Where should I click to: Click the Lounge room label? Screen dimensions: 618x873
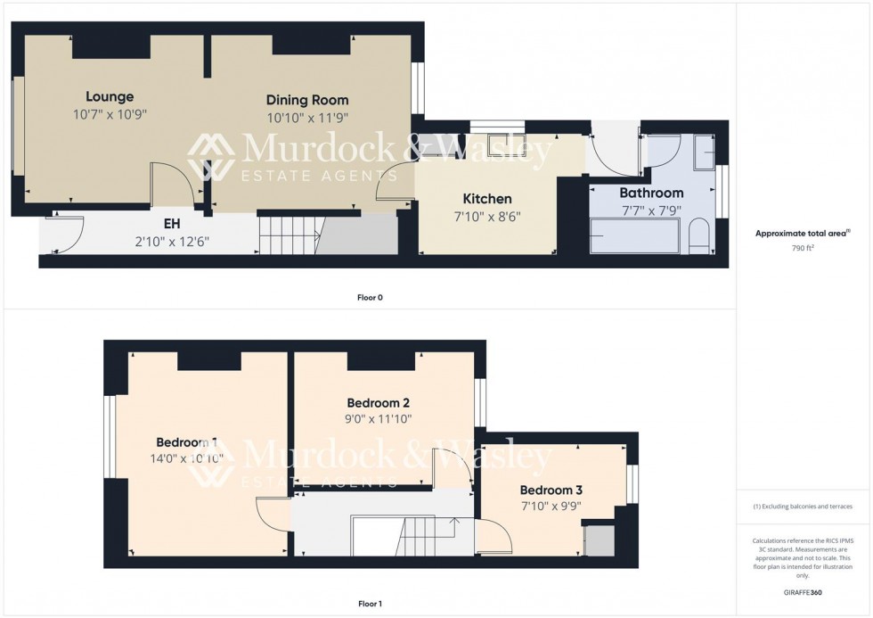point(110,96)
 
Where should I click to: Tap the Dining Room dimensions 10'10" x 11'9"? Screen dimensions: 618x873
point(307,117)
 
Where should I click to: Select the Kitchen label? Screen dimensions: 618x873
point(486,198)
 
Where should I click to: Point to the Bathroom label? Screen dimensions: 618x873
point(651,193)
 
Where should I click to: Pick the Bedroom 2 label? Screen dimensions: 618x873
point(379,402)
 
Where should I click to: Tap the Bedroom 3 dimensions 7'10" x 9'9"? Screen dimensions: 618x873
point(551,506)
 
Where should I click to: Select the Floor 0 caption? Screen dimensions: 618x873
point(370,298)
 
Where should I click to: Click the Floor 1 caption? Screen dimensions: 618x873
point(370,604)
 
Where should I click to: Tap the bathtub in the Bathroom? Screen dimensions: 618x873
point(634,237)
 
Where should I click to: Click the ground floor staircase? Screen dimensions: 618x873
point(290,235)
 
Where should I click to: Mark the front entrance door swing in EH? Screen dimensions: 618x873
point(66,234)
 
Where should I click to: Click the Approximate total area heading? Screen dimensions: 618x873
point(799,234)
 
